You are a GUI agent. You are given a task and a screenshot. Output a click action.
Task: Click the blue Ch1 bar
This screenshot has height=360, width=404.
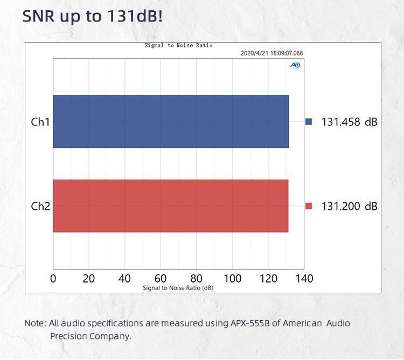pyautogui.click(x=170, y=122)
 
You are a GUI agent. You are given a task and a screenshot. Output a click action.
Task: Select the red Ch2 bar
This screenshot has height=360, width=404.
pyautogui.click(x=170, y=206)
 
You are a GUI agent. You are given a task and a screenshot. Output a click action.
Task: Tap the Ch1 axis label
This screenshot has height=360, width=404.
pyautogui.click(x=40, y=122)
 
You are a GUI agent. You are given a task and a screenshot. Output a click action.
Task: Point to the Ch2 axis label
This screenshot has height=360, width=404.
pyautogui.click(x=40, y=206)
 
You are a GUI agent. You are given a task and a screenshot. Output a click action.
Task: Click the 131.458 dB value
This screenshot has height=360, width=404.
pyautogui.click(x=349, y=122)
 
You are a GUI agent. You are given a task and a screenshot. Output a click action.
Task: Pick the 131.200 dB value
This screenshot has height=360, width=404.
pyautogui.click(x=349, y=206)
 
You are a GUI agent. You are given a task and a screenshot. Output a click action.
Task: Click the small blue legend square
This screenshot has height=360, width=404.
pyautogui.click(x=309, y=122)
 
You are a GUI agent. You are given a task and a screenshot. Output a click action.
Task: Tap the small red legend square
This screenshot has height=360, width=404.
pyautogui.click(x=309, y=206)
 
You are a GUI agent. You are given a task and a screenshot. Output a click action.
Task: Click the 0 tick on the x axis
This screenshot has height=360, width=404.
pyautogui.click(x=53, y=278)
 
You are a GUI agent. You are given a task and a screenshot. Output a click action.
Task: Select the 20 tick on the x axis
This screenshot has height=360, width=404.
pyautogui.click(x=89, y=278)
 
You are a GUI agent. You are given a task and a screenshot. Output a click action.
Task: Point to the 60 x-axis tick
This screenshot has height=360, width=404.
pyautogui.click(x=161, y=278)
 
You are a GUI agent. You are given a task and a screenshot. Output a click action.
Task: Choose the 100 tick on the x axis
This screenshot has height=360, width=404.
pyautogui.click(x=232, y=278)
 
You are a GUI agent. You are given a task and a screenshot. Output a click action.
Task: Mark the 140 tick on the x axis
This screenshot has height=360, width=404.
pyautogui.click(x=304, y=278)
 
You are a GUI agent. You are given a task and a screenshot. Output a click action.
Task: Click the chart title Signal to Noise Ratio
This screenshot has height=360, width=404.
pyautogui.click(x=178, y=46)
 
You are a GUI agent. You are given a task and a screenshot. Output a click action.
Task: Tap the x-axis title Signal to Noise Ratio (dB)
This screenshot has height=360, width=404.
pyautogui.click(x=178, y=288)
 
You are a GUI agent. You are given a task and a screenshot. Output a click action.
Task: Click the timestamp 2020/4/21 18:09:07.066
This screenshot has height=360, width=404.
pyautogui.click(x=271, y=53)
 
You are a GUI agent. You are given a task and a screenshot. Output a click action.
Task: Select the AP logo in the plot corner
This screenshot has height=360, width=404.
pyautogui.click(x=295, y=65)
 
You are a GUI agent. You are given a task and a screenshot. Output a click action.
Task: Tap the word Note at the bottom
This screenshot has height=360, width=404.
pyautogui.click(x=34, y=323)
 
